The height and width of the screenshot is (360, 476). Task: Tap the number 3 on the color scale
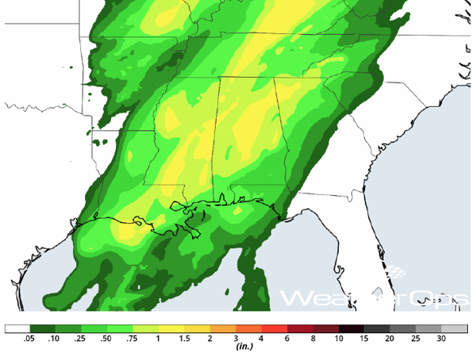click(x=236, y=339)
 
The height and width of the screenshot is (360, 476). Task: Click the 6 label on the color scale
click(x=288, y=339)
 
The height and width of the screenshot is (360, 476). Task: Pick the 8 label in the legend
click(x=313, y=339)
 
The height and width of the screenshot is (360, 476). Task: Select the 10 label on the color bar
click(x=339, y=339)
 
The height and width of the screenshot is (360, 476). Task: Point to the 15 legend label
click(x=365, y=339)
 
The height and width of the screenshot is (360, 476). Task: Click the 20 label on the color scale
click(x=390, y=339)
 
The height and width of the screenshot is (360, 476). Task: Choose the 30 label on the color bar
click(x=442, y=339)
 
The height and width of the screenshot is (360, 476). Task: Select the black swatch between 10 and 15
click(x=352, y=328)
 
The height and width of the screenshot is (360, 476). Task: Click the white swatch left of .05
click(x=17, y=328)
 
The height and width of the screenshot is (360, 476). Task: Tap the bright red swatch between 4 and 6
click(x=275, y=328)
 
